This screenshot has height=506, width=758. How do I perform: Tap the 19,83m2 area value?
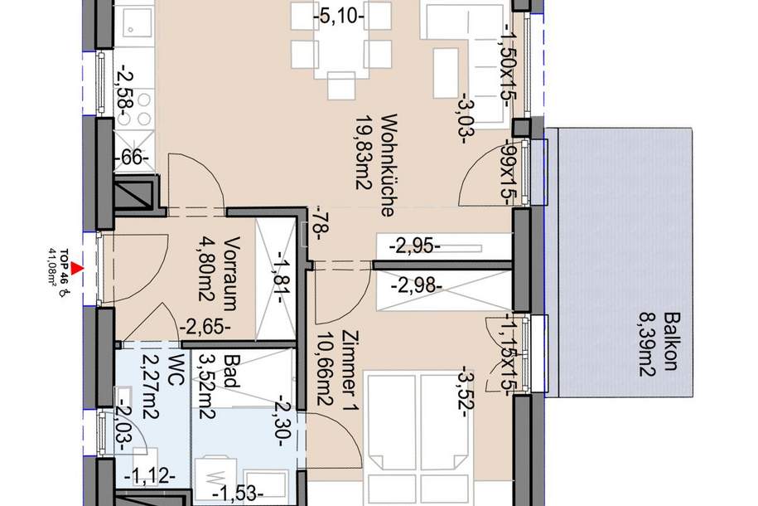(363, 165)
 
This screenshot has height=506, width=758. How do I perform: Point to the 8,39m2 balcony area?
(648, 343)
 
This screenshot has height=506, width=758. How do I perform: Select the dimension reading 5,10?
(340, 14)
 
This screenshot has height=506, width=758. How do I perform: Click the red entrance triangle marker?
(75, 267)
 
